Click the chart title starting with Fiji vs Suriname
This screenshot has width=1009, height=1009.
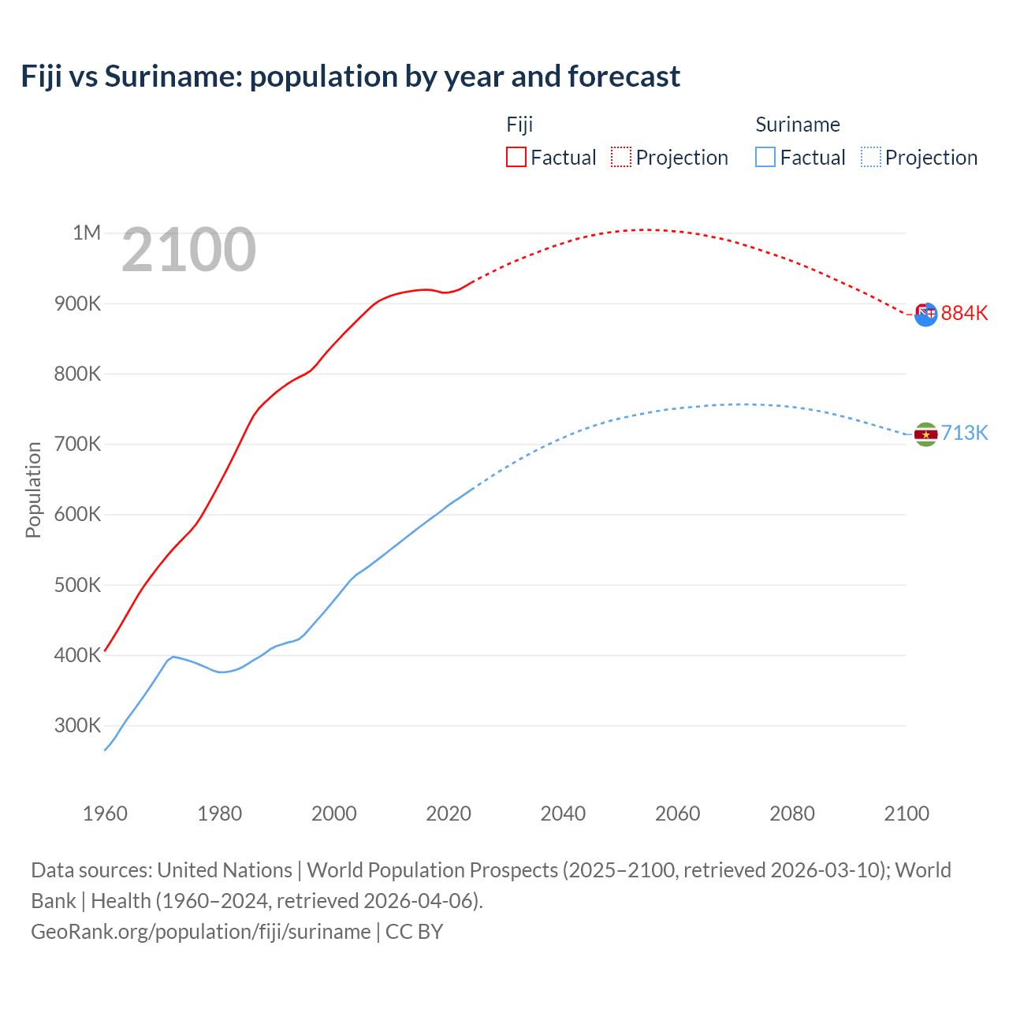click(350, 76)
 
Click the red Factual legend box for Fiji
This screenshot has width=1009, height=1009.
click(516, 157)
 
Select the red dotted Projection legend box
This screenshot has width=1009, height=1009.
click(621, 157)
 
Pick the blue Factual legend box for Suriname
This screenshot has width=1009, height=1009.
click(765, 157)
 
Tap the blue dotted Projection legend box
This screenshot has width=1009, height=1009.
click(871, 157)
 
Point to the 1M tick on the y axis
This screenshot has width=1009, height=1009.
click(87, 233)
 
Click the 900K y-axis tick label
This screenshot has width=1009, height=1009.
click(77, 303)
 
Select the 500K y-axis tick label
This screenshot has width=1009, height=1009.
click(77, 585)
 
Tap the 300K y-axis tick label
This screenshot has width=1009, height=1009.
click(77, 725)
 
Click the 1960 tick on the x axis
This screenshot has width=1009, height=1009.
click(105, 814)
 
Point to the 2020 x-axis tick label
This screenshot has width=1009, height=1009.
click(449, 814)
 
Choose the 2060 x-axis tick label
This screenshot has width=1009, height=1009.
click(677, 814)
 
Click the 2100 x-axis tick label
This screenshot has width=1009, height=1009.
click(907, 814)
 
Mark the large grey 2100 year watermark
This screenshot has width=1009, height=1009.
click(188, 250)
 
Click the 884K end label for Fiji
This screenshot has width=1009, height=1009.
click(964, 313)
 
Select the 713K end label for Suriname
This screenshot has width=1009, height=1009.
click(964, 433)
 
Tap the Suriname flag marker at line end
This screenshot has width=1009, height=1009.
click(925, 434)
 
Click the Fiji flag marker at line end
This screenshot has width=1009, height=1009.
click(925, 314)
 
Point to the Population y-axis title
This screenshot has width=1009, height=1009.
click(33, 490)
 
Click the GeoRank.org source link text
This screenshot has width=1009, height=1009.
click(200, 931)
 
